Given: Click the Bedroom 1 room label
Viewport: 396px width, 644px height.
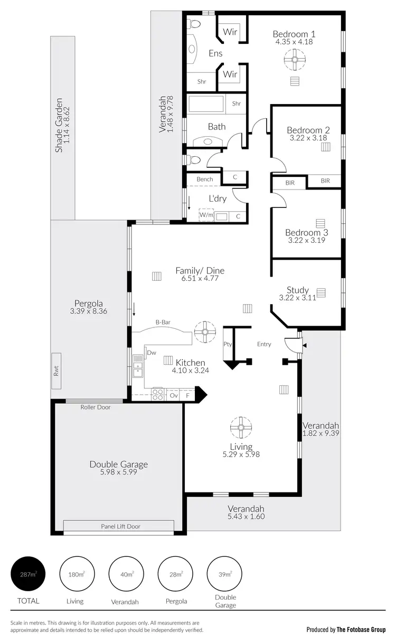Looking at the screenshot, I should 293,34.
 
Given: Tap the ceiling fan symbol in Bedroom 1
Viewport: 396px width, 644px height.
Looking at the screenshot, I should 292,62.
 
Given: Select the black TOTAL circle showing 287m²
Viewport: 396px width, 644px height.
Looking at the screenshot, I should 28,574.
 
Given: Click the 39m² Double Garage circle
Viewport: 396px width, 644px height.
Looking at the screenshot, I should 225,574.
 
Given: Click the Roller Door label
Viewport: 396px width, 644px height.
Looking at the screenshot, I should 96,407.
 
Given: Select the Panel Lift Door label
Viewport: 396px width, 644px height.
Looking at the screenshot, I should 121,526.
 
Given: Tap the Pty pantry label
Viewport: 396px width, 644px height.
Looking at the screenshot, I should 228,344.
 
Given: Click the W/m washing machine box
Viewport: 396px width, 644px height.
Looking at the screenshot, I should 206,215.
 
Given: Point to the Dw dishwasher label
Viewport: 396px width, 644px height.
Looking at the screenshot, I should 152,353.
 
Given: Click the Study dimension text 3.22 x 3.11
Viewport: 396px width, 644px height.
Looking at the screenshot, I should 297,298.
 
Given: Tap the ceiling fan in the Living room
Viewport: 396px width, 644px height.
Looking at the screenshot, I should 241,428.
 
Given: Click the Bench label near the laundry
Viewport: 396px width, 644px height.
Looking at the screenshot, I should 205,179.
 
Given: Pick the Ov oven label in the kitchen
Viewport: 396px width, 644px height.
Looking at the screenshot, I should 173,395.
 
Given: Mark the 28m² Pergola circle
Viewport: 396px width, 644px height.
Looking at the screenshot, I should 175,574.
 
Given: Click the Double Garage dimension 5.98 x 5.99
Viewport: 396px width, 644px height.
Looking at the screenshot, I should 118,473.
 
